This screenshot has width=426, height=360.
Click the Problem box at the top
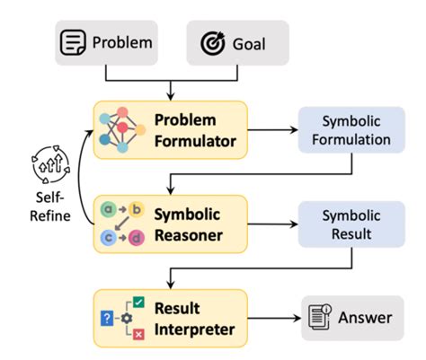[x=116, y=41]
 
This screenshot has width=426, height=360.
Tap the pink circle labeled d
[x=136, y=237]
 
